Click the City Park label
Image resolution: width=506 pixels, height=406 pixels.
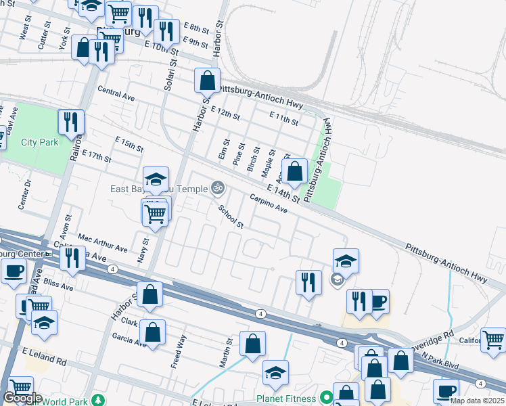click(x=40, y=142)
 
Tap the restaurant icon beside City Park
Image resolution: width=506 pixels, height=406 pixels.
click(x=70, y=122)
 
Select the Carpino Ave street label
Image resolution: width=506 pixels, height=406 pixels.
click(x=269, y=204)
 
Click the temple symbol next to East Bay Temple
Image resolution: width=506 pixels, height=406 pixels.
click(x=217, y=187)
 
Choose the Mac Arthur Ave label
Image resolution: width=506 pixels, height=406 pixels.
click(x=102, y=244)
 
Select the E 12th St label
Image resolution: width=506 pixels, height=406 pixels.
click(x=225, y=113)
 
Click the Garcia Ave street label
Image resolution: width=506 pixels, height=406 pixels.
click(x=129, y=339)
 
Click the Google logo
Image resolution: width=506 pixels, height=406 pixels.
click(x=22, y=398)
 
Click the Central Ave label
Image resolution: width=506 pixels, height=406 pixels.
click(x=116, y=93)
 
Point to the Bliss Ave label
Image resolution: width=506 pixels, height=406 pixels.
click(x=57, y=282)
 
